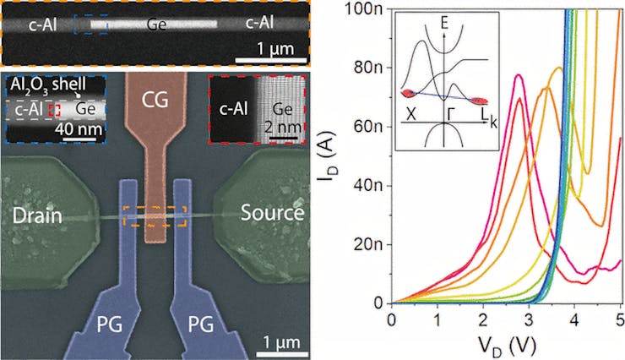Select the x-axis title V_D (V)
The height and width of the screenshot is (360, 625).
pyautogui.click(x=504, y=344)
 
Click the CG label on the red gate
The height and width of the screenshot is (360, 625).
pyautogui.click(x=156, y=101)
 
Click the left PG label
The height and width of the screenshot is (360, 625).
pyautogui.click(x=108, y=302)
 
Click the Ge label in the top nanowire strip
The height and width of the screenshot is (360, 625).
pyautogui.click(x=155, y=23)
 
